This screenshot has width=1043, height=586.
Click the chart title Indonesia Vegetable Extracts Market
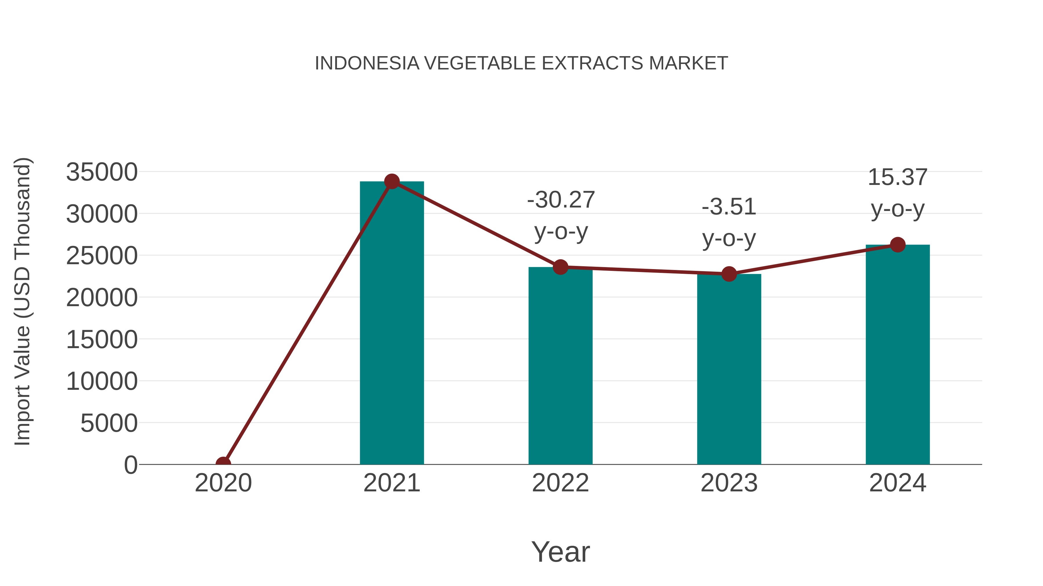point(521,63)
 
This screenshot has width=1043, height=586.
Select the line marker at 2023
point(729,274)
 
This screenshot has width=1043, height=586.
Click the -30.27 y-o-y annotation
point(561,216)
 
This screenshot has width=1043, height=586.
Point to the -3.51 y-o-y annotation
point(729,223)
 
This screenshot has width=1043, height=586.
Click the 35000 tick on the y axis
point(102,172)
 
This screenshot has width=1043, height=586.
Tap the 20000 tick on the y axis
point(102,298)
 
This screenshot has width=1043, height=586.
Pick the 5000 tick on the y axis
point(109,423)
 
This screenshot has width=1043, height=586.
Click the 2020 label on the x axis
point(223,483)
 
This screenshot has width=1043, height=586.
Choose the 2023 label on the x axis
point(729,483)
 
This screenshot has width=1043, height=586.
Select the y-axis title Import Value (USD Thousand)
point(23,301)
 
